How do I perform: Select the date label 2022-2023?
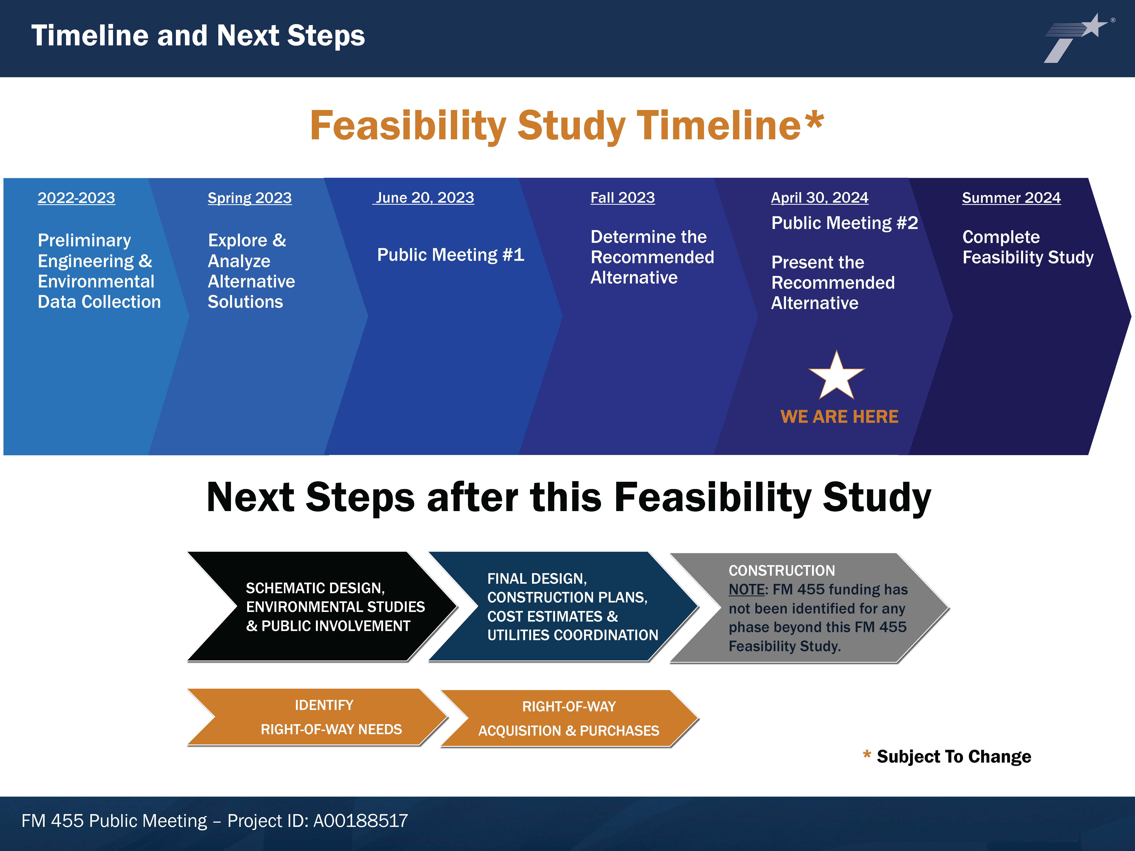76,198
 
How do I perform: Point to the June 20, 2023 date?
424,198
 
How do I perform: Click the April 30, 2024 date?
819,198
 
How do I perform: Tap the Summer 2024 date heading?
1011,198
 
